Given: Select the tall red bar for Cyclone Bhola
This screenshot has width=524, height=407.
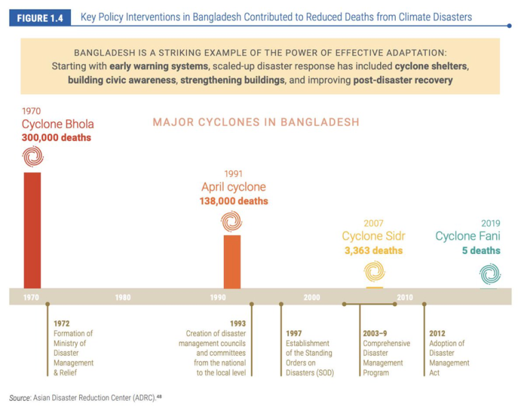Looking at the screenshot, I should click(32, 229).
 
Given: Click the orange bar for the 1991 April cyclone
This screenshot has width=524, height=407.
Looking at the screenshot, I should click(232, 261).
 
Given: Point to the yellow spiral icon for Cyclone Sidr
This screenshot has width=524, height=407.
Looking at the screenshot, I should click(373, 271).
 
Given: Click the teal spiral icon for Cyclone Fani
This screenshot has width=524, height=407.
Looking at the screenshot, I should click(489, 273).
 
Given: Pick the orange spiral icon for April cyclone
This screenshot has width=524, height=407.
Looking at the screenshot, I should click(232, 221).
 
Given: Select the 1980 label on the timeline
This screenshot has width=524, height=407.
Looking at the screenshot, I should click(123, 298).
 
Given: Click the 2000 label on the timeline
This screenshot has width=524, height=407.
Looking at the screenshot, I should click(312, 298).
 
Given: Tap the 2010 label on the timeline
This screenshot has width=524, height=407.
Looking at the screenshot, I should click(405, 298).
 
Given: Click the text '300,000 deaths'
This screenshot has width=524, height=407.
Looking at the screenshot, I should click(56, 137).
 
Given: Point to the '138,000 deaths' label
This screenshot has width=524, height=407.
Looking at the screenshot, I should click(233, 201).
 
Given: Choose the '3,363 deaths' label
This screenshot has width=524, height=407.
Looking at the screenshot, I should click(373, 251).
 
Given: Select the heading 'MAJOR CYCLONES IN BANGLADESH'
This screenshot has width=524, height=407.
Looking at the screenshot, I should click(256, 122).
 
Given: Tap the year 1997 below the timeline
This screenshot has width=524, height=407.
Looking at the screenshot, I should click(294, 333).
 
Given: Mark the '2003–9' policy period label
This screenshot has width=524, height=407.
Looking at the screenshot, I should click(375, 333).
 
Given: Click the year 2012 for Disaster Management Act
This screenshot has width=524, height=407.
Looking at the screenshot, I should click(437, 333).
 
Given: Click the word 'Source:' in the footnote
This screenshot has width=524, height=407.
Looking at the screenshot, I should click(20, 397).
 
